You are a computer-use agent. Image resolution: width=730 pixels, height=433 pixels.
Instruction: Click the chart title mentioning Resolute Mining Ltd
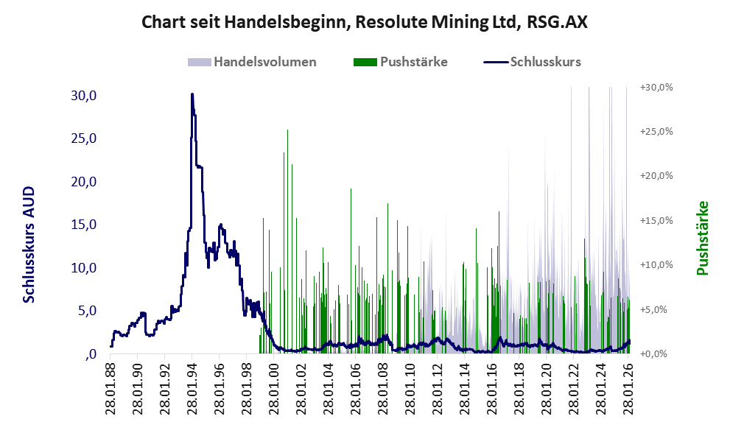[364, 22]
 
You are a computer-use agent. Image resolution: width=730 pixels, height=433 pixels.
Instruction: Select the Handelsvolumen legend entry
[264, 62]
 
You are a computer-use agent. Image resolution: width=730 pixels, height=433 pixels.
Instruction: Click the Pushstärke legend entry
[413, 62]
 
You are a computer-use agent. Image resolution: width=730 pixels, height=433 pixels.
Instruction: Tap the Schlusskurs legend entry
[545, 62]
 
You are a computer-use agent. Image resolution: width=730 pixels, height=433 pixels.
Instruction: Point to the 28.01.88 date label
[110, 387]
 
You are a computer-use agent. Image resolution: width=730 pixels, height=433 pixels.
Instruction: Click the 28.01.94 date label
[192, 387]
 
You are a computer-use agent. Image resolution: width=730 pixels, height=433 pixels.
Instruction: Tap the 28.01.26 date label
[629, 387]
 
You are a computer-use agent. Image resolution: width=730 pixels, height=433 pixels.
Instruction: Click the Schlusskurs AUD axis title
[29, 244]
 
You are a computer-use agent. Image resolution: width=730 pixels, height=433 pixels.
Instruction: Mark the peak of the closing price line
[192, 94]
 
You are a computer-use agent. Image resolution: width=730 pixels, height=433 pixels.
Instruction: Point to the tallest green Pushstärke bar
[287, 131]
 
